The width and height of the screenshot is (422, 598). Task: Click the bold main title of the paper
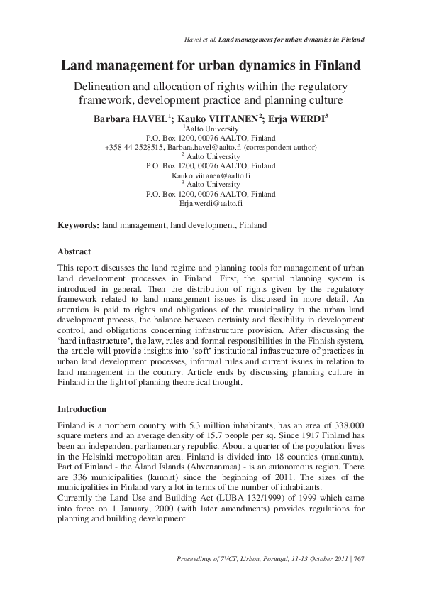(x=211, y=66)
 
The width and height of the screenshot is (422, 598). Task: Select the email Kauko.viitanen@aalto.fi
(x=211, y=175)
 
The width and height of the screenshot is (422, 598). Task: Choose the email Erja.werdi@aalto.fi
(x=211, y=202)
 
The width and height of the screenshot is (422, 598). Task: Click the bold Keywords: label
(x=78, y=225)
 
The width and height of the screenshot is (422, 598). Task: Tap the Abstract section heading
(x=74, y=251)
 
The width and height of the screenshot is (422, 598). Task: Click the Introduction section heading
(x=82, y=409)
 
